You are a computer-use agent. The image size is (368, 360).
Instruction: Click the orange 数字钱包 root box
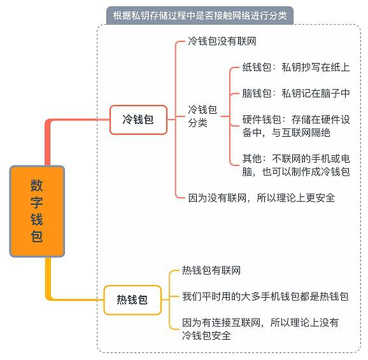point(37,211)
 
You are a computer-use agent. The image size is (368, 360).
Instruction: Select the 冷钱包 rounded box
point(138,120)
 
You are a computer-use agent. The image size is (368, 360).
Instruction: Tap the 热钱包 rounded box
point(132,300)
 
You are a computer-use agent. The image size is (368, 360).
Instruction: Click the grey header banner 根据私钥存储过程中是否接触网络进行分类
point(200,16)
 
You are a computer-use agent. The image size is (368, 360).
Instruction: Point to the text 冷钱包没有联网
point(222,41)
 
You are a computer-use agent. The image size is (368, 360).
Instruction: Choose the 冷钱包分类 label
point(202,116)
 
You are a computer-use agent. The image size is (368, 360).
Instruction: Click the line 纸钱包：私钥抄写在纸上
point(296,67)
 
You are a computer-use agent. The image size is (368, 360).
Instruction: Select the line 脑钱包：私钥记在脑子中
point(296,93)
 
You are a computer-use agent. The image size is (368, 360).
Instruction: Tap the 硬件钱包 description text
point(296,126)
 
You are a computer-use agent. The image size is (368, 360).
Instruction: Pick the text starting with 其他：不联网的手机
point(296,165)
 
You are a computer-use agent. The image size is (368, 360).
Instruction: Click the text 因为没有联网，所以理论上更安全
point(262,198)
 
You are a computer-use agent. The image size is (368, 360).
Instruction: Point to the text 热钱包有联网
point(211,270)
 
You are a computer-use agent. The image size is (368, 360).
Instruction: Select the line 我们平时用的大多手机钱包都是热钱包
point(265,296)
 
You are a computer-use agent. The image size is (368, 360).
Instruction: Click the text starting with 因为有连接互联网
point(260,329)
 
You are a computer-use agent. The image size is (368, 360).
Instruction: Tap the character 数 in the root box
point(37,185)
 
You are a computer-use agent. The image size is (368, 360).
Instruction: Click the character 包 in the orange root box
point(37,236)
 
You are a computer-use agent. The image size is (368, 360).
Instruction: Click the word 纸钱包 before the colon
point(257,67)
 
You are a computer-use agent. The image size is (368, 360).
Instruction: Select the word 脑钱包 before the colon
point(257,93)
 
